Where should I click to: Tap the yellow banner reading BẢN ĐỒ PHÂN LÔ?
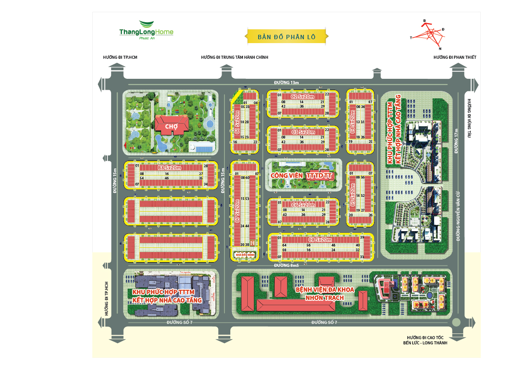[x=286, y=37]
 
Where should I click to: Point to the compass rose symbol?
[x=428, y=34]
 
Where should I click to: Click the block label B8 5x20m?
[x=169, y=167]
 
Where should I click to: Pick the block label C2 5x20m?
[x=303, y=96]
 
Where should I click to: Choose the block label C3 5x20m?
[x=303, y=131]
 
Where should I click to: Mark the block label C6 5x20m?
[x=303, y=205]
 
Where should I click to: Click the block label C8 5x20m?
[x=320, y=239]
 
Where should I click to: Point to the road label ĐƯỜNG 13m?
[x=286, y=82]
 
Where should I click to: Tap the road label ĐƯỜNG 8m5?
[x=286, y=266]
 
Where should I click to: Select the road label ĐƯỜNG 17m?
[x=456, y=141]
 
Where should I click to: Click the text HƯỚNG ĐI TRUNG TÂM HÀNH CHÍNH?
[x=234, y=57]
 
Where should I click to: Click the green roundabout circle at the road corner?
[x=456, y=323]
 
